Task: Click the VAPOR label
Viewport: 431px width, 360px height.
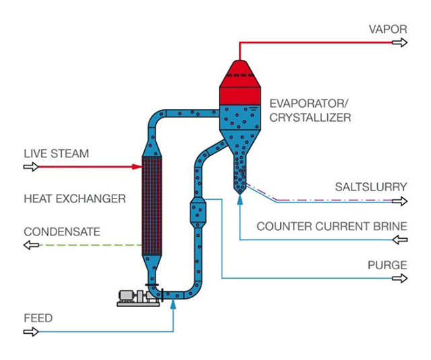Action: pos(388,29)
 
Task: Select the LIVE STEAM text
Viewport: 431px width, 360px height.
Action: pos(56,153)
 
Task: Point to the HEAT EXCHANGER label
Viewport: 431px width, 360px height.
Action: pos(75,199)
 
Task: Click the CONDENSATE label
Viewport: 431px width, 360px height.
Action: pos(62,231)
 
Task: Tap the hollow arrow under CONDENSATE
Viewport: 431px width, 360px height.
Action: pos(30,245)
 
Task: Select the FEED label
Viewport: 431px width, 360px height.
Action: pos(38,318)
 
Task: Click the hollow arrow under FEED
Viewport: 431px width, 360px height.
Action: pos(30,332)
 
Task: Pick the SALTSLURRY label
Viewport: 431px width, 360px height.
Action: pos(371,187)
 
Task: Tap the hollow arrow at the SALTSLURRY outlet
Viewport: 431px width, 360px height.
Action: pos(401,201)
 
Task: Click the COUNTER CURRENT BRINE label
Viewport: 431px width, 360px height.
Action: pos(331,227)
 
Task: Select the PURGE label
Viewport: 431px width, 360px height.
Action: pos(387,264)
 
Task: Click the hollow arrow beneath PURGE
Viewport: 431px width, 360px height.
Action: pos(401,279)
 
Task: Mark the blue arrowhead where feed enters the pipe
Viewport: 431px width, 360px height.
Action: pos(174,304)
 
